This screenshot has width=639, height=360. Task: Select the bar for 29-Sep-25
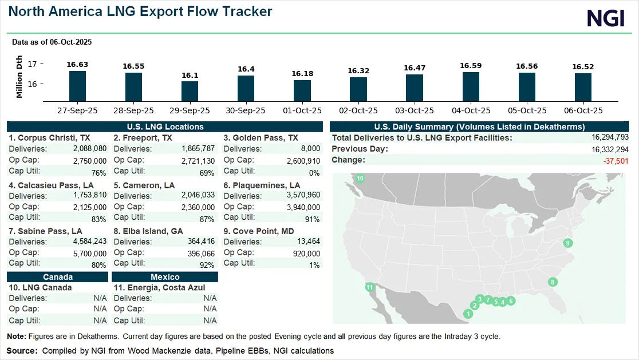tap(190, 91)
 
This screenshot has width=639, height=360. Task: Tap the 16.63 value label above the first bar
tap(77, 65)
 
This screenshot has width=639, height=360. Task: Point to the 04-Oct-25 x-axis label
tap(470, 110)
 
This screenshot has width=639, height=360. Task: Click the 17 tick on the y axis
tap(32, 64)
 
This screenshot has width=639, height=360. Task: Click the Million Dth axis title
tap(19, 76)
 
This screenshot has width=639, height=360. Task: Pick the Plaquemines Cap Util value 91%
tap(313, 218)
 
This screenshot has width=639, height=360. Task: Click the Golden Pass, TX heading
tap(261, 138)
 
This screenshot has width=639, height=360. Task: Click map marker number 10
tap(360, 179)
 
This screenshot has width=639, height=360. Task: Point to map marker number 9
tap(567, 243)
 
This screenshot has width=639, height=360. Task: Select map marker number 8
tap(552, 282)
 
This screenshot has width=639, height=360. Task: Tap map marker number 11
tap(369, 287)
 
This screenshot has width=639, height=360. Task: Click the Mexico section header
tap(165, 276)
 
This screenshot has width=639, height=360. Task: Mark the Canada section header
tap(57, 276)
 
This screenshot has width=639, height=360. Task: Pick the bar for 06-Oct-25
tap(583, 87)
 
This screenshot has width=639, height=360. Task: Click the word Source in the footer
tap(21, 350)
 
